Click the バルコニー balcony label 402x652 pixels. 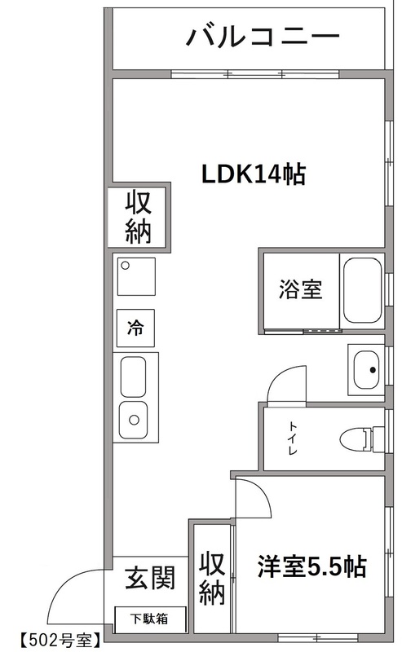click(262, 36)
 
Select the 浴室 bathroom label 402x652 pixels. click(300, 289)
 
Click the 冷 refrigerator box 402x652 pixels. click(135, 328)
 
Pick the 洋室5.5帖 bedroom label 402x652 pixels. click(311, 565)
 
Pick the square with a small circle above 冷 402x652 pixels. click(135, 275)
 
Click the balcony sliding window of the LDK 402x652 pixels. click(254, 76)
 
